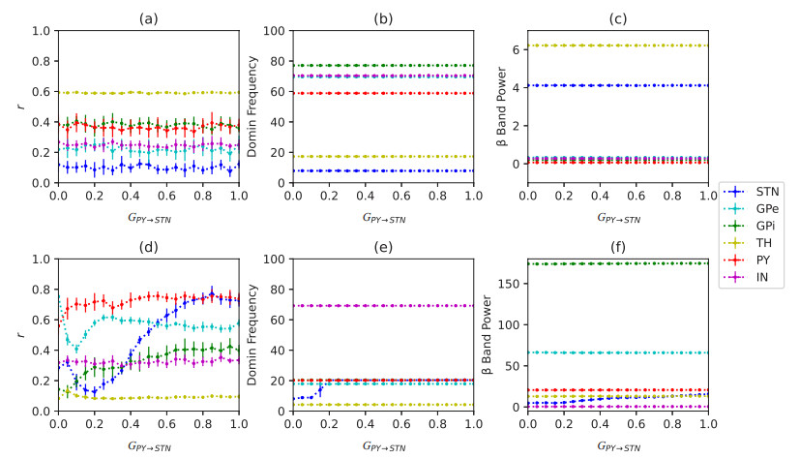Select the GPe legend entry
tap(769, 208)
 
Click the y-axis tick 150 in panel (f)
tap(511, 284)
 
